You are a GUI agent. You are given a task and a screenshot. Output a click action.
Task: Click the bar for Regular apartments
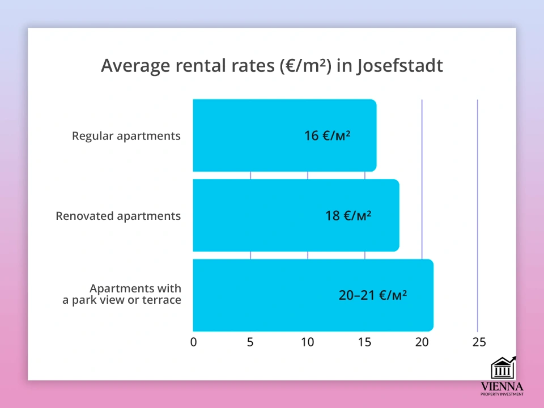(x=284, y=135)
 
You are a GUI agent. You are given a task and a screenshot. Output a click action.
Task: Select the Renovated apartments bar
(x=296, y=215)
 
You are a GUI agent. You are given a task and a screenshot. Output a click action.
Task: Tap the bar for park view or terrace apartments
(x=313, y=295)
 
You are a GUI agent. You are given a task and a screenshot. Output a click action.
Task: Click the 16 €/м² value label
(x=327, y=135)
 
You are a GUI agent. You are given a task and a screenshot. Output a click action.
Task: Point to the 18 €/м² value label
(x=348, y=216)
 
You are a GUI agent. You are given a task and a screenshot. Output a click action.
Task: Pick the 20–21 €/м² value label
(x=373, y=295)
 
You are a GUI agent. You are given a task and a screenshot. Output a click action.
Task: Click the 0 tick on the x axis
(x=194, y=342)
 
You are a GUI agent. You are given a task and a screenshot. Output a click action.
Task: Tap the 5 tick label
(x=250, y=342)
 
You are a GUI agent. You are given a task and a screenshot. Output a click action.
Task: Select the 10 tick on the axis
(x=307, y=342)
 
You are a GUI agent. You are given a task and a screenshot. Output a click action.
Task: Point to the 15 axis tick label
(x=364, y=342)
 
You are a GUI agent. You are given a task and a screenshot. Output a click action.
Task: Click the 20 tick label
(x=422, y=342)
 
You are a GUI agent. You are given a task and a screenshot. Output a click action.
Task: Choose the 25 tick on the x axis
(x=479, y=342)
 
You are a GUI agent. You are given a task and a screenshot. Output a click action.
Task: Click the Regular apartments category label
(x=126, y=136)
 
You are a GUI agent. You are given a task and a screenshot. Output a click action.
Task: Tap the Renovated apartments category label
(x=118, y=216)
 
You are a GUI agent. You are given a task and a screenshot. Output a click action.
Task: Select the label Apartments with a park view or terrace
(x=122, y=294)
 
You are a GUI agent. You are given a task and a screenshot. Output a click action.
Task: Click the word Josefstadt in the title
(x=400, y=66)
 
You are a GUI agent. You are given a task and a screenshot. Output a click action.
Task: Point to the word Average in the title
(x=135, y=66)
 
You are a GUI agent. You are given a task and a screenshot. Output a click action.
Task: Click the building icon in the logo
(x=503, y=367)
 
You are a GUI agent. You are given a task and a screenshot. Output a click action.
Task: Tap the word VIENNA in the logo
(x=502, y=386)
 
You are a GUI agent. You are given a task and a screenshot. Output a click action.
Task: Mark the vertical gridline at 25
(x=478, y=216)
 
